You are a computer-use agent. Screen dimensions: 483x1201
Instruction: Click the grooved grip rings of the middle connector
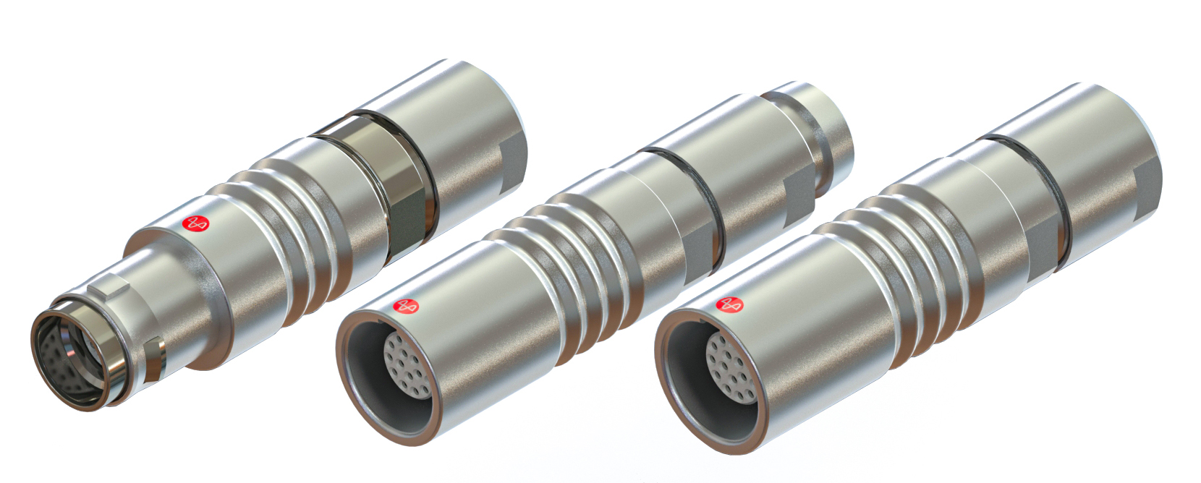[572, 253]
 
